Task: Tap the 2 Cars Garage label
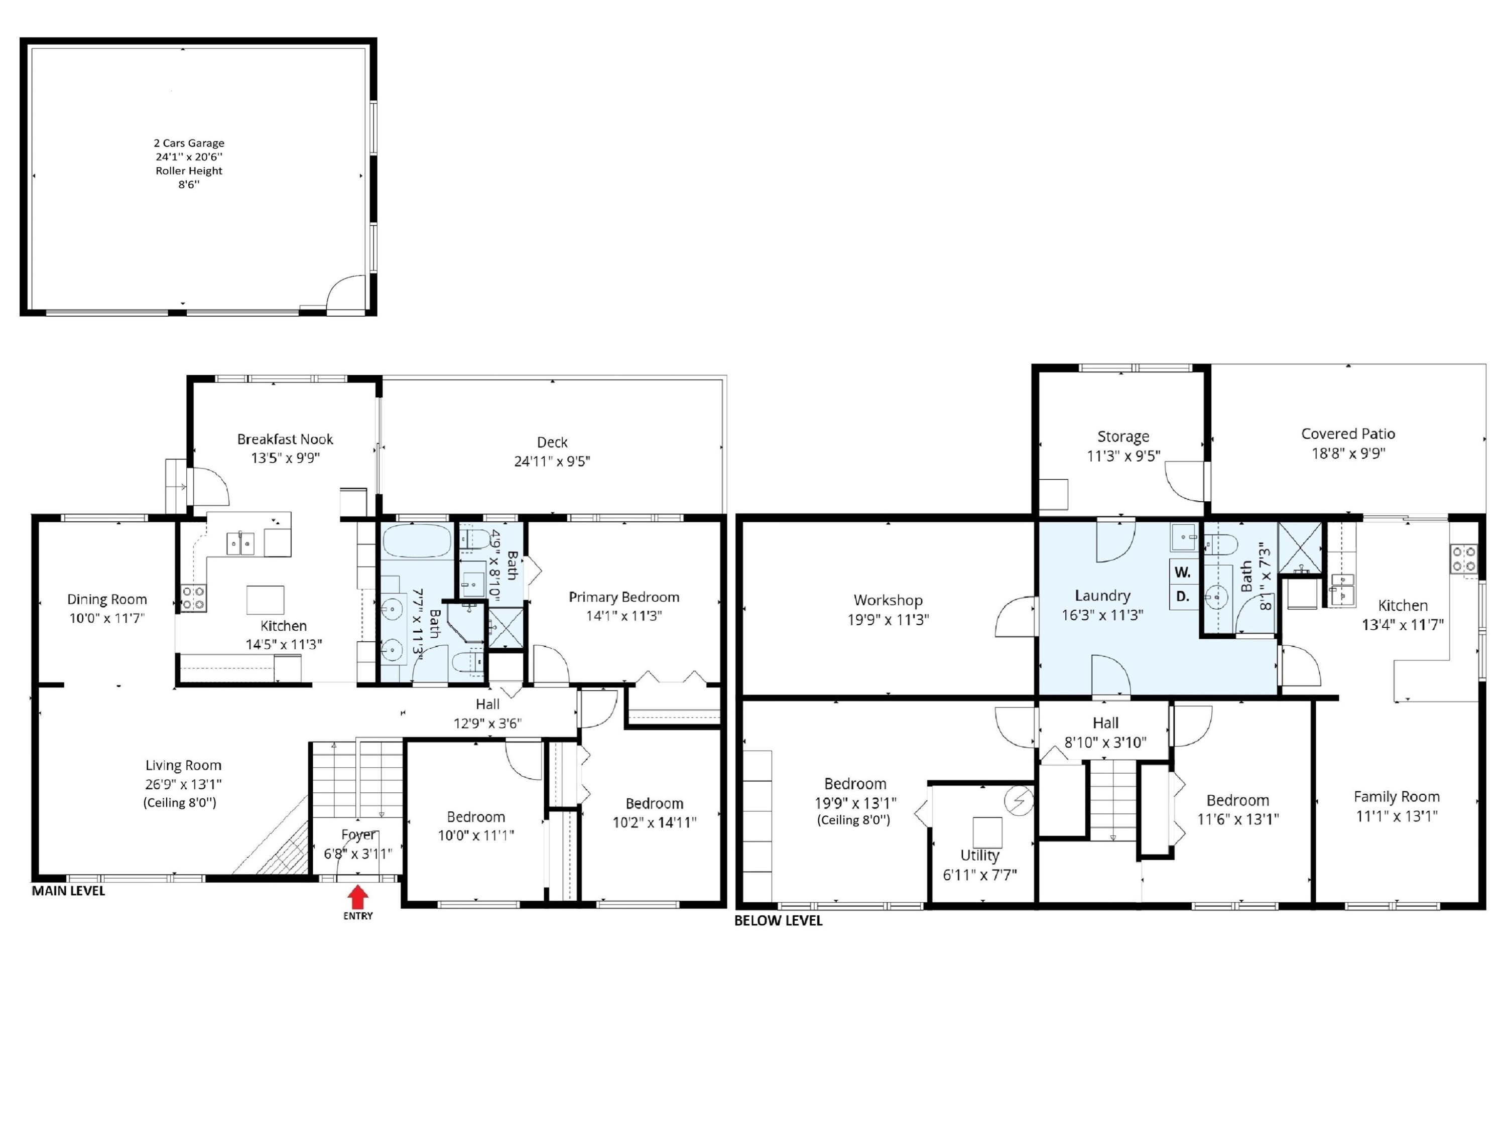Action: [x=189, y=143]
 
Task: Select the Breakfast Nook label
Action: [x=285, y=439]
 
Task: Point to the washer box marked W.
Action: [x=1183, y=573]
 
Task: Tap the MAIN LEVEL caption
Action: [x=68, y=891]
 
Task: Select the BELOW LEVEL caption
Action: [x=778, y=921]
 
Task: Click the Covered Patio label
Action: [x=1348, y=434]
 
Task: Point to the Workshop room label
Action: [x=888, y=600]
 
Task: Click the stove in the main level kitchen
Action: [x=193, y=598]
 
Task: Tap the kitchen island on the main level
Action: [x=266, y=600]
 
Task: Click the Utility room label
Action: [x=980, y=856]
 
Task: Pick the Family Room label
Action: [x=1397, y=797]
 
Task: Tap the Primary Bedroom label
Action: [x=623, y=597]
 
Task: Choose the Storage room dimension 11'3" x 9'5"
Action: [x=1123, y=455]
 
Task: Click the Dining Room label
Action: [x=107, y=600]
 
